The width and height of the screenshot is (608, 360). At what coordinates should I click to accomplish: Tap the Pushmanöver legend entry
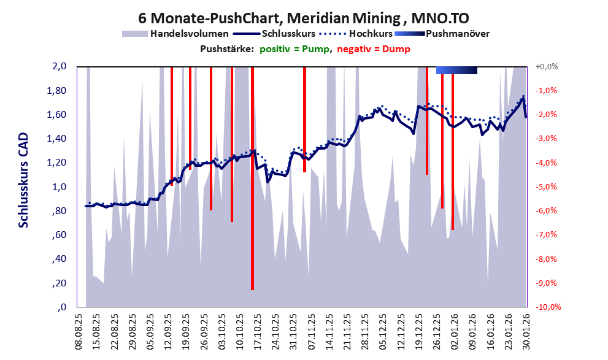[457, 33]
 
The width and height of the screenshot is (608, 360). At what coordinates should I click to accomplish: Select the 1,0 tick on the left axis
[59, 187]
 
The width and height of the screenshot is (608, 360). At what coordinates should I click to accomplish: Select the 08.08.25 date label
[79, 331]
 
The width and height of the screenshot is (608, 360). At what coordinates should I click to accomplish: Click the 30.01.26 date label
[526, 331]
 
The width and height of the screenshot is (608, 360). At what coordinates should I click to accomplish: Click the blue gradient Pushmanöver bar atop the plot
[456, 71]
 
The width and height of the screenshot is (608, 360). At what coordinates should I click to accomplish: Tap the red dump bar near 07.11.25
[304, 123]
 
